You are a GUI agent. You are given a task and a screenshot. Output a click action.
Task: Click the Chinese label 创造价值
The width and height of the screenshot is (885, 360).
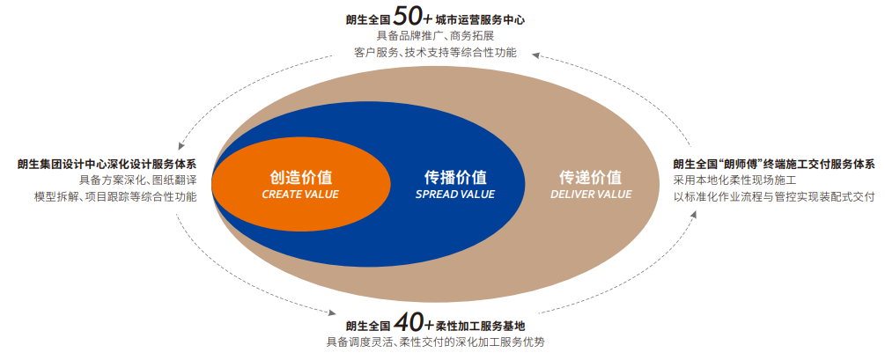click(300, 176)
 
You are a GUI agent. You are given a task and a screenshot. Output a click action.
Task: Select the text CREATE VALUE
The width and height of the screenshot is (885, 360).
click(300, 195)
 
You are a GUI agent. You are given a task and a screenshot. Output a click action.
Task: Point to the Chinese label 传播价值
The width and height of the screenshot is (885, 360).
click(455, 176)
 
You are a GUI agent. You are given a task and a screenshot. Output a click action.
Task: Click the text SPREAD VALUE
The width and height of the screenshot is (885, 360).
click(455, 195)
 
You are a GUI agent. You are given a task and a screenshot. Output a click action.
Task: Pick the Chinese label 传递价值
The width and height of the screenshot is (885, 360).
click(591, 176)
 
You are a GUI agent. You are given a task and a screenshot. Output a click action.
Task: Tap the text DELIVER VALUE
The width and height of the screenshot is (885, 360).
click(591, 195)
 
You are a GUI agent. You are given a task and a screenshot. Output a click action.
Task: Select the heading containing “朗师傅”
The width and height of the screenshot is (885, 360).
click(774, 164)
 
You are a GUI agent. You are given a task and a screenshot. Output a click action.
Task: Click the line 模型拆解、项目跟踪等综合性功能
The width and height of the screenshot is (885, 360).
click(114, 197)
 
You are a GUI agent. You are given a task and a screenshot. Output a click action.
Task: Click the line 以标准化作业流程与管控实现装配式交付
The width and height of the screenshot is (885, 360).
click(774, 197)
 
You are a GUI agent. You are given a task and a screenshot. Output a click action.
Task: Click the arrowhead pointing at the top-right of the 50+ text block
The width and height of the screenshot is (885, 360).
click(538, 55)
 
